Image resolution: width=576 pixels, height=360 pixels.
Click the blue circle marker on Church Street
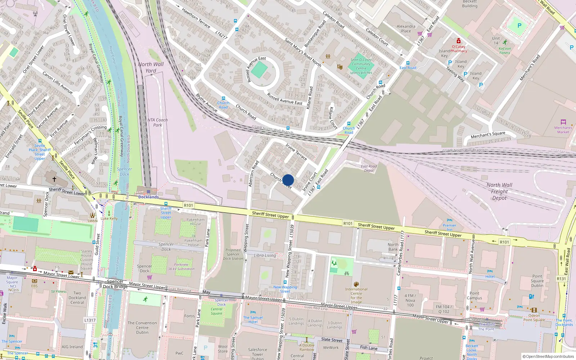point(288,180)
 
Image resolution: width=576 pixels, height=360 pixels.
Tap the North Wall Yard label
point(151,67)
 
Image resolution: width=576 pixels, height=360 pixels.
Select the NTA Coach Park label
point(157,122)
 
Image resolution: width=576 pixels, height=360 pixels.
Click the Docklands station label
point(148,197)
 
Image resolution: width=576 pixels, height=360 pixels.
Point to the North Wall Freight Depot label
point(499,191)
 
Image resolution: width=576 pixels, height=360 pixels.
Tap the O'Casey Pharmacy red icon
point(458,41)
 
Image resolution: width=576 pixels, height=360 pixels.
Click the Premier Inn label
point(449,228)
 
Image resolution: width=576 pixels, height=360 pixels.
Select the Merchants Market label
point(563,130)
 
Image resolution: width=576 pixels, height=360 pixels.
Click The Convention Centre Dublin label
point(142,328)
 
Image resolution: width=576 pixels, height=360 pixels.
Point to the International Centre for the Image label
point(356,296)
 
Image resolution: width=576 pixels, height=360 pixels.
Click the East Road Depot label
point(369,168)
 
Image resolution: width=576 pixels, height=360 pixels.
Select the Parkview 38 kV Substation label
point(181,266)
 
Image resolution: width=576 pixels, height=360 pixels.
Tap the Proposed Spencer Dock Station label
point(233,254)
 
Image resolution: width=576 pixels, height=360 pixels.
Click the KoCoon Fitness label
point(505,50)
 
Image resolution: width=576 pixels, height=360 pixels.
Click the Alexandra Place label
point(406,28)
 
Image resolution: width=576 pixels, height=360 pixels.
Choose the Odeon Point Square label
point(534,318)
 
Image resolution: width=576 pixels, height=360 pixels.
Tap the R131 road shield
point(561,279)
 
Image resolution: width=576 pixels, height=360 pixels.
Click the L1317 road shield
point(90,320)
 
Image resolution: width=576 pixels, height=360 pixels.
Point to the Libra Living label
point(265,255)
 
